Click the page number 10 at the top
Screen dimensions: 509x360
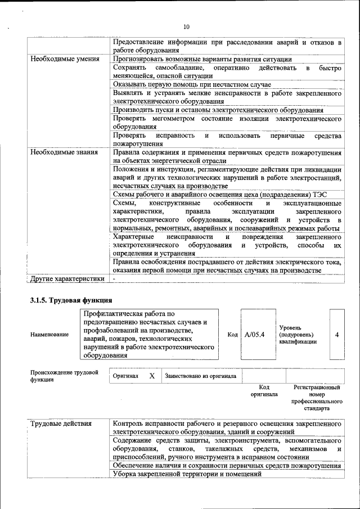(187, 26)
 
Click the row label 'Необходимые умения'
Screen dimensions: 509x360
(65, 58)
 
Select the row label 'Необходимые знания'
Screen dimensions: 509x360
(64, 152)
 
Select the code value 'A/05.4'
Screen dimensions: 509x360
(255, 335)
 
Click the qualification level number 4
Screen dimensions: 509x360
(336, 335)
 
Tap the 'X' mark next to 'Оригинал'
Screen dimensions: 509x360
(151, 375)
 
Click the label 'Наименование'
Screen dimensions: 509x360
(50, 335)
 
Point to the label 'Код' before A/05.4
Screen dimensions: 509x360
(232, 335)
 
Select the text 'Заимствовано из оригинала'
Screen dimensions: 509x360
(201, 376)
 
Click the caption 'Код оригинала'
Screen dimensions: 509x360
(264, 391)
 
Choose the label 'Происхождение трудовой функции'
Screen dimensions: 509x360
(64, 376)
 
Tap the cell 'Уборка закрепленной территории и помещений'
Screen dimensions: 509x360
(187, 474)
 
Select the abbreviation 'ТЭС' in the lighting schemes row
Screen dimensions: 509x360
(335, 195)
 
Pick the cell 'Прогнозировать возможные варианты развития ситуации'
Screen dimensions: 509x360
(202, 58)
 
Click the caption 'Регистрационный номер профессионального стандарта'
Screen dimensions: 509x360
(317, 398)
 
